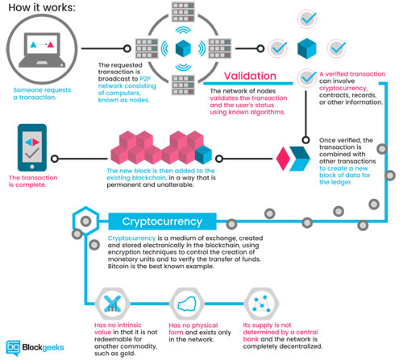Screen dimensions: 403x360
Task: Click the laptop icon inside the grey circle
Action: tap(42, 50)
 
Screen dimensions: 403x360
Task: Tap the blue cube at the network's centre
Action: tap(183, 48)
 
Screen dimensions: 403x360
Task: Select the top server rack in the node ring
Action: tap(183, 12)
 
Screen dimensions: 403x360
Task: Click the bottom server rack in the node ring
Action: tap(183, 85)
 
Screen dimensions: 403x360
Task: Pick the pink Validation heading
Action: tap(250, 76)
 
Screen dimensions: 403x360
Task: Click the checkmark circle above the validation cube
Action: tap(307, 19)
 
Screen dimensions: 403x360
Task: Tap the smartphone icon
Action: tap(32, 147)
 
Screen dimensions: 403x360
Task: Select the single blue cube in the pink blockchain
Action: tap(203, 155)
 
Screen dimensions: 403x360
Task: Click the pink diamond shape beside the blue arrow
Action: tap(283, 159)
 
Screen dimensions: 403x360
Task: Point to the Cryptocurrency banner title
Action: tap(162, 221)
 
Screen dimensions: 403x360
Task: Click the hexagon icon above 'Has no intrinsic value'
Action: tap(112, 304)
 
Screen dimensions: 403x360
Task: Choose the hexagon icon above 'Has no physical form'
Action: tap(187, 304)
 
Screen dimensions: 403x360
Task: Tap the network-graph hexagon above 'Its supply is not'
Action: tap(261, 304)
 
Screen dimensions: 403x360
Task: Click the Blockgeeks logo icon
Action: tap(13, 348)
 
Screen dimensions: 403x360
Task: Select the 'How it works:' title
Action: tap(42, 7)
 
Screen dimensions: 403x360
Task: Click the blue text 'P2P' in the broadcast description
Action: tap(145, 79)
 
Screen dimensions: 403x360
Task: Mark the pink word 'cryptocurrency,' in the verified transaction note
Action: tap(343, 88)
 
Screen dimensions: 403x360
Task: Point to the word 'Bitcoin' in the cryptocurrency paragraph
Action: tap(118, 267)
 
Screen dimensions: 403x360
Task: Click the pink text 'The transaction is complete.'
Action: tap(33, 181)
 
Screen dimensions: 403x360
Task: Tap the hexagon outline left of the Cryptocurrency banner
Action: tap(85, 221)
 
